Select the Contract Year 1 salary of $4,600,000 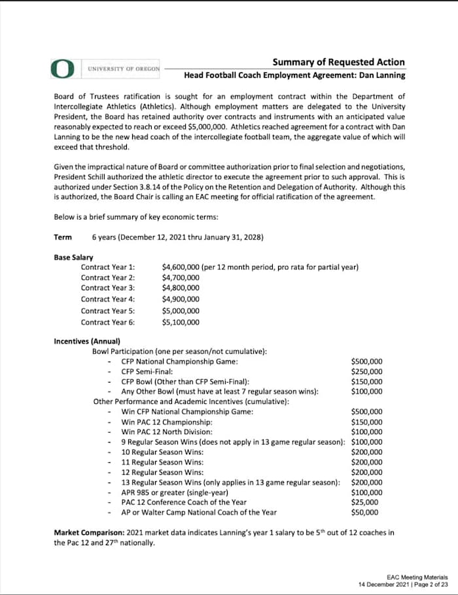(181, 267)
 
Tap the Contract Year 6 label (108, 322)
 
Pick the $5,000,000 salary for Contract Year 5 (181, 311)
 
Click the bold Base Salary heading (73, 258)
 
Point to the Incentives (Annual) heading (86, 341)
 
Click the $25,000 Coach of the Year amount (364, 502)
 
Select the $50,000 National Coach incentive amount (364, 512)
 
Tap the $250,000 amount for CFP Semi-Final (367, 371)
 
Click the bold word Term (63, 237)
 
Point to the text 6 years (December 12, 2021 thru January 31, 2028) (177, 237)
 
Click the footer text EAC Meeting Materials (417, 577)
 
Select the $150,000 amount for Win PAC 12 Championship (367, 422)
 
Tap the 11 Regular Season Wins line (162, 462)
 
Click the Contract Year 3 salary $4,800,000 (181, 288)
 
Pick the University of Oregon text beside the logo (124, 68)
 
